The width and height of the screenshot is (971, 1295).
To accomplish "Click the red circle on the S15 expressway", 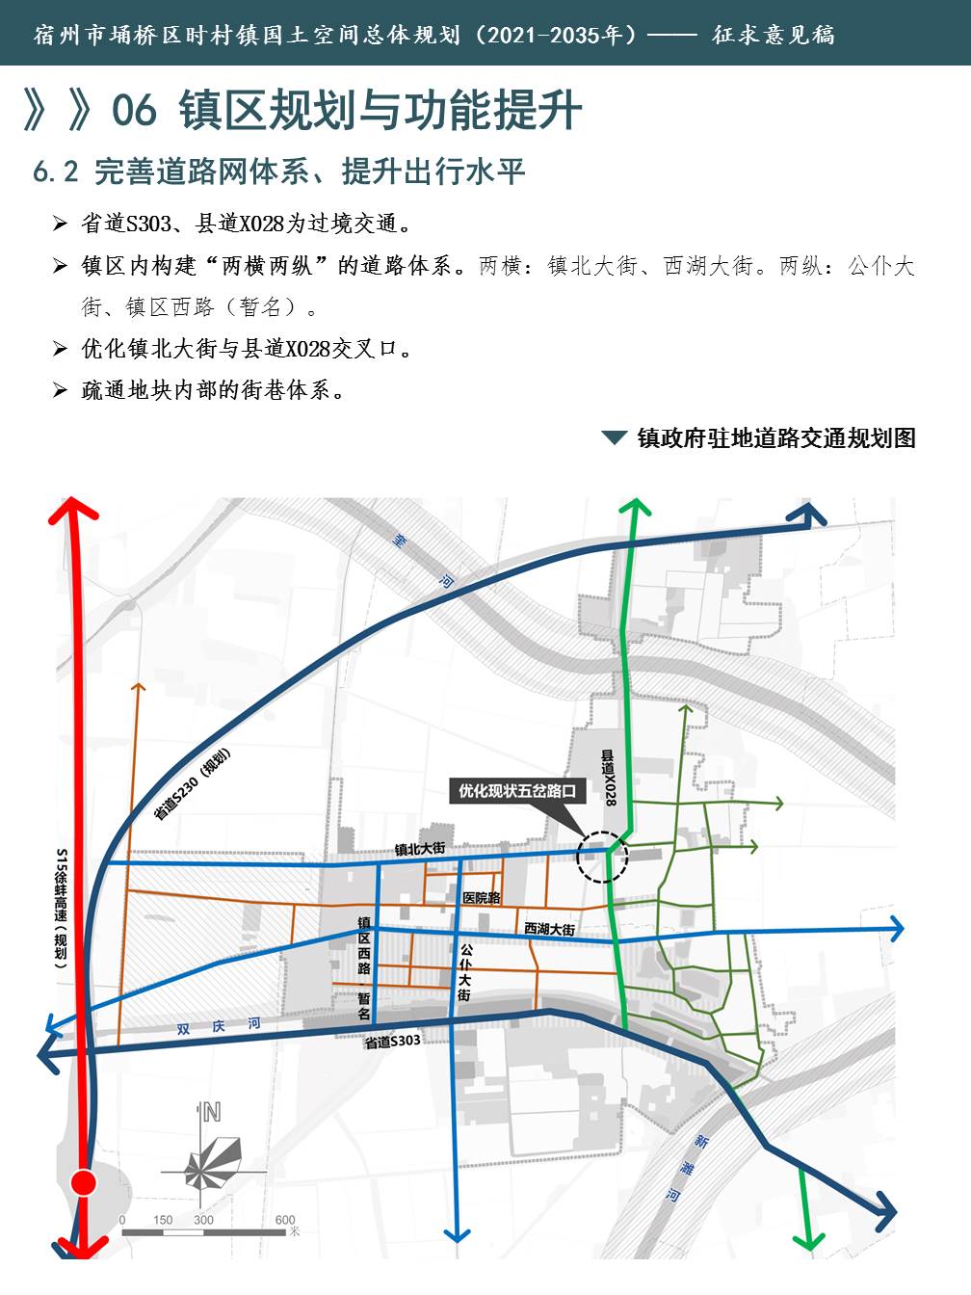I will tap(85, 1182).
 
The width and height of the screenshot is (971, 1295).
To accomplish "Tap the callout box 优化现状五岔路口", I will tap(517, 791).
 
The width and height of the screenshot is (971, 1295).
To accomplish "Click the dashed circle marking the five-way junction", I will tap(602, 857).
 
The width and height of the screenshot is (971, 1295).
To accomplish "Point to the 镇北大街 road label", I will tap(420, 849).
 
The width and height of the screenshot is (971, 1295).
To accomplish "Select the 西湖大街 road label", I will tap(549, 929).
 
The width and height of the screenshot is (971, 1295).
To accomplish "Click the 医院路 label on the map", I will tap(482, 898).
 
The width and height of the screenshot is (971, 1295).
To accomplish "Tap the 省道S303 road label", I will tap(392, 1042).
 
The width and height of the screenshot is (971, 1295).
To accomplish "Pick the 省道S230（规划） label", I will tap(192, 784).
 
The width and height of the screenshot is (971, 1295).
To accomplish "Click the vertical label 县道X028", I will tap(609, 778).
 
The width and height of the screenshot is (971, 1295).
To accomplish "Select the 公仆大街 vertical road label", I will tap(465, 972).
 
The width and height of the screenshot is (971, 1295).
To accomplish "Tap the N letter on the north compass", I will tap(211, 1112).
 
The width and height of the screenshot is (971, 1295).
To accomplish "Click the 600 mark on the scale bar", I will tap(285, 1220).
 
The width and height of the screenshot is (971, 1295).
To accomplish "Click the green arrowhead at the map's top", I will tap(634, 507).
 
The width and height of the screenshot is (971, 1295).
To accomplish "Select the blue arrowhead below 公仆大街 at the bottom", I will tap(457, 1233).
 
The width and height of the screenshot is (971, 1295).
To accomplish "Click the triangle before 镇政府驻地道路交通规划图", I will tap(614, 438).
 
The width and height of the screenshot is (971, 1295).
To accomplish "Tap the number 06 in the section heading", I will tap(134, 110).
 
